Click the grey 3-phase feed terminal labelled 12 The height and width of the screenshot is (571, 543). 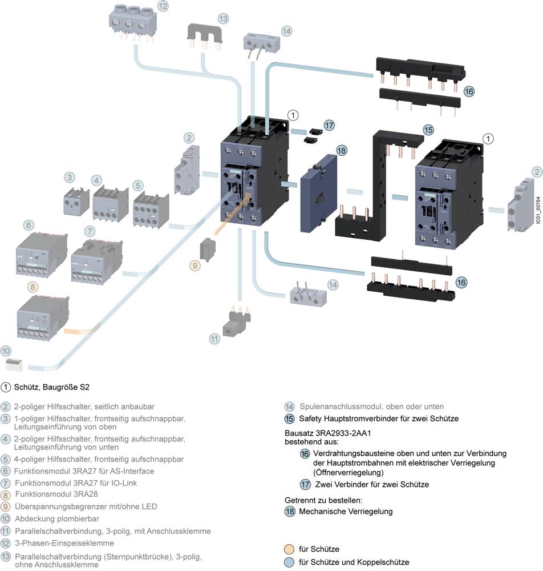tap(132, 25)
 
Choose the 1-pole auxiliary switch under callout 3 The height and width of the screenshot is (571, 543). tap(75, 202)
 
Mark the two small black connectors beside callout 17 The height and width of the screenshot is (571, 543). tap(311, 134)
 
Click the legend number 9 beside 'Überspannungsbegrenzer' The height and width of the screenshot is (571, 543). tap(6, 506)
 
